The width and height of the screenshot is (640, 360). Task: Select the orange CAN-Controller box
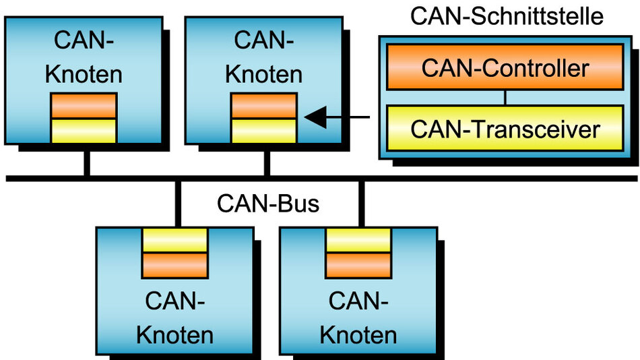point(505,67)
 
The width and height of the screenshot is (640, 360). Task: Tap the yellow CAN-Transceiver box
point(505,127)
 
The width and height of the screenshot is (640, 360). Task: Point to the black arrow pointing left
point(337,118)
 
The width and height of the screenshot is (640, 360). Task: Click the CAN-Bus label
point(267,204)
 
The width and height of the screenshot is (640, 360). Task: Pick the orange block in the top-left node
point(84,106)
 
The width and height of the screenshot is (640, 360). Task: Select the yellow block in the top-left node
point(84,130)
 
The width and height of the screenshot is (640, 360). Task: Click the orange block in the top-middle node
point(263,106)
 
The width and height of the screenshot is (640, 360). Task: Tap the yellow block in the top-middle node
point(263,130)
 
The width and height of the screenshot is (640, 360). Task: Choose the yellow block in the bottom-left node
point(174,240)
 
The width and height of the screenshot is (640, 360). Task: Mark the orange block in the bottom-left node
point(174,264)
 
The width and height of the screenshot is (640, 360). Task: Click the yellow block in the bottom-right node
point(358,240)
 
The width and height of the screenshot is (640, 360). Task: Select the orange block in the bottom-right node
point(358,264)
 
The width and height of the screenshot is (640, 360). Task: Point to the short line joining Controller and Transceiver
point(505,97)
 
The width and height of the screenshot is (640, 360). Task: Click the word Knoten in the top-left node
point(84,73)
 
